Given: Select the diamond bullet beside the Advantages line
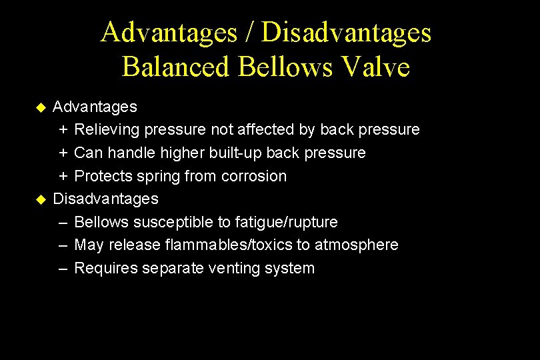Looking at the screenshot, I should (41, 107).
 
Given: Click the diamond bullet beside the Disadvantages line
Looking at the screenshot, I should (41, 199).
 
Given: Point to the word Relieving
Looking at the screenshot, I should (105, 129).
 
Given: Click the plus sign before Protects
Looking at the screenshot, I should (63, 176).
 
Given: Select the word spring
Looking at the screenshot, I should (157, 177).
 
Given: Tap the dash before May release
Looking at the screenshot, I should (63, 245).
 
